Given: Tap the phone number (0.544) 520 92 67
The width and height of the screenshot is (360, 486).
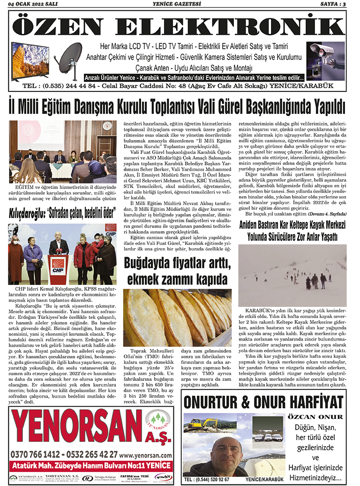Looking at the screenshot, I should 207,479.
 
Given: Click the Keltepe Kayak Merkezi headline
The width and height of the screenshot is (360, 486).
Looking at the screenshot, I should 292,230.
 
